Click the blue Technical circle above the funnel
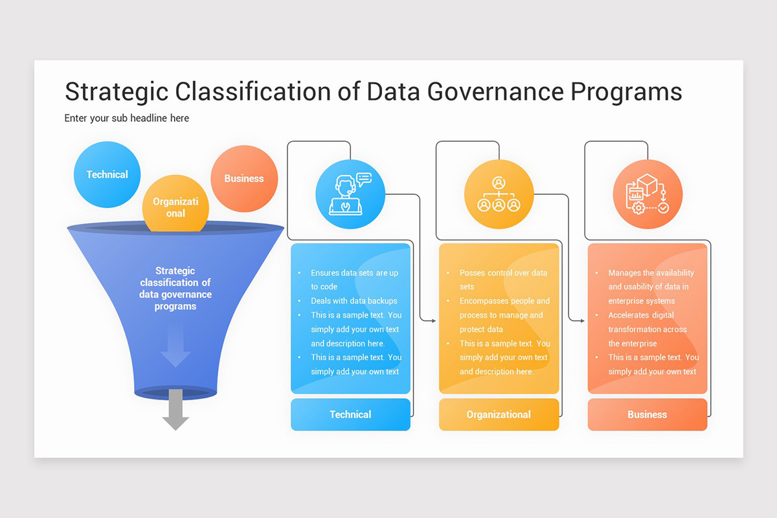107,175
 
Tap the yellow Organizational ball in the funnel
175,206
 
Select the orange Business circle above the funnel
244,179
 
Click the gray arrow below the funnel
175,411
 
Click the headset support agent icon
350,194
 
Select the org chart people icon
499,194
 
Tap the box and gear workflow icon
647,194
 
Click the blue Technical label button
350,414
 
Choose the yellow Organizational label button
499,414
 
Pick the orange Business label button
647,414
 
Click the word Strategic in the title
117,92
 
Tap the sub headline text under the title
127,118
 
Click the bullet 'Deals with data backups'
354,301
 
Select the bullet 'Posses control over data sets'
502,280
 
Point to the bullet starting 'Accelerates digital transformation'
647,329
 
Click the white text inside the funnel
175,289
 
